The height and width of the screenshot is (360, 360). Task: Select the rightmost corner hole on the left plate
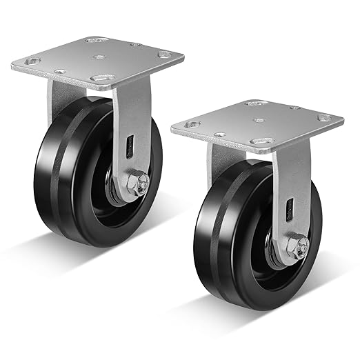tap(163, 54)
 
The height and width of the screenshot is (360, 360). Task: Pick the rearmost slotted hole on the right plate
tap(255, 103)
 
